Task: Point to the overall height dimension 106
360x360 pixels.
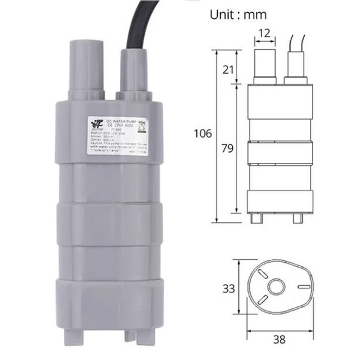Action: [202, 133]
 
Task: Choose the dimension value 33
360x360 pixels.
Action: [228, 288]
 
